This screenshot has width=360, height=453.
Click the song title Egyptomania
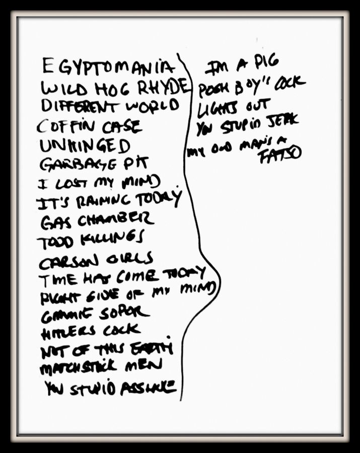[x=109, y=67]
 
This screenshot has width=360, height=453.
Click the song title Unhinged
[x=85, y=146]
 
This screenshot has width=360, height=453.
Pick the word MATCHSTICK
[x=70, y=367]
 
